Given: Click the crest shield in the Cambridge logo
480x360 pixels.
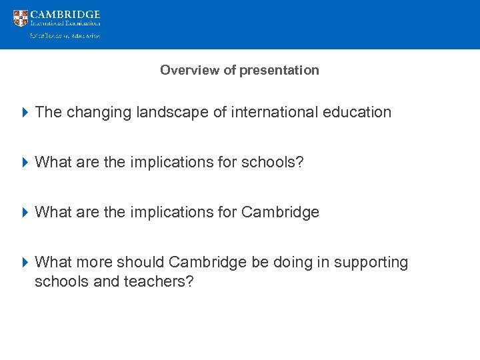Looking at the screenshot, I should coord(21,18).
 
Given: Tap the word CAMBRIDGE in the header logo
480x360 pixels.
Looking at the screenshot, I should coord(65,14).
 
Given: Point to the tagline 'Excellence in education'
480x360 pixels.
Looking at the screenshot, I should coord(64,36).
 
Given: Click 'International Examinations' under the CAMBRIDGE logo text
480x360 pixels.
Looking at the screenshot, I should coord(65,23).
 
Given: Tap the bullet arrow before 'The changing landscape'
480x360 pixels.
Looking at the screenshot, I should coord(25,112).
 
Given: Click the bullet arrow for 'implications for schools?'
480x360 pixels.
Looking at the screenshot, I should coord(25,162).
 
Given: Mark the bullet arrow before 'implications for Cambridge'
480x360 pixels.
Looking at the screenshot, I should coord(25,212).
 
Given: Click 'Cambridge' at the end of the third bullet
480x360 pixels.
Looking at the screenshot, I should coord(280,212).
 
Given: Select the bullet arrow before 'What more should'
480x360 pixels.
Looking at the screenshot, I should coord(25,262).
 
